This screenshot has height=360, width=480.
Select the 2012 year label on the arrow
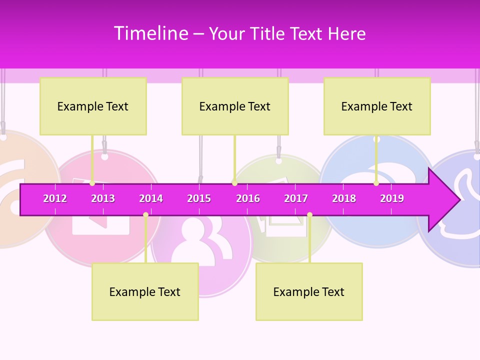[55, 198]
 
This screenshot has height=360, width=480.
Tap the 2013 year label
[103, 198]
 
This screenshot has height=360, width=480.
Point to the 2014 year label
[151, 198]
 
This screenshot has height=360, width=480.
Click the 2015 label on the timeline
[199, 198]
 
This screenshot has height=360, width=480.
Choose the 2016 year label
[248, 198]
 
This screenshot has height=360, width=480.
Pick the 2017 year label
[296, 198]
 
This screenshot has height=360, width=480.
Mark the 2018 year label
[344, 198]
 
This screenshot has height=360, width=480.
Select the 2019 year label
[392, 198]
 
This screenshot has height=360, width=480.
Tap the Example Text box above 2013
[93, 106]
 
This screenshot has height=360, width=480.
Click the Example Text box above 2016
[235, 106]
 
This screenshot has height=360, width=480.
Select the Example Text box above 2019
[377, 106]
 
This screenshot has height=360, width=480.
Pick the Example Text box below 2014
[145, 291]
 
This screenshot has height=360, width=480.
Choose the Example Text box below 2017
[309, 291]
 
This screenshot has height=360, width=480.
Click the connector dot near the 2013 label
[92, 183]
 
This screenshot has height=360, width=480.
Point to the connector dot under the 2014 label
[145, 214]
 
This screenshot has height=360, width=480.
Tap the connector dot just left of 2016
[234, 183]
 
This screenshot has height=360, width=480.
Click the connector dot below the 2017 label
[309, 214]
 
